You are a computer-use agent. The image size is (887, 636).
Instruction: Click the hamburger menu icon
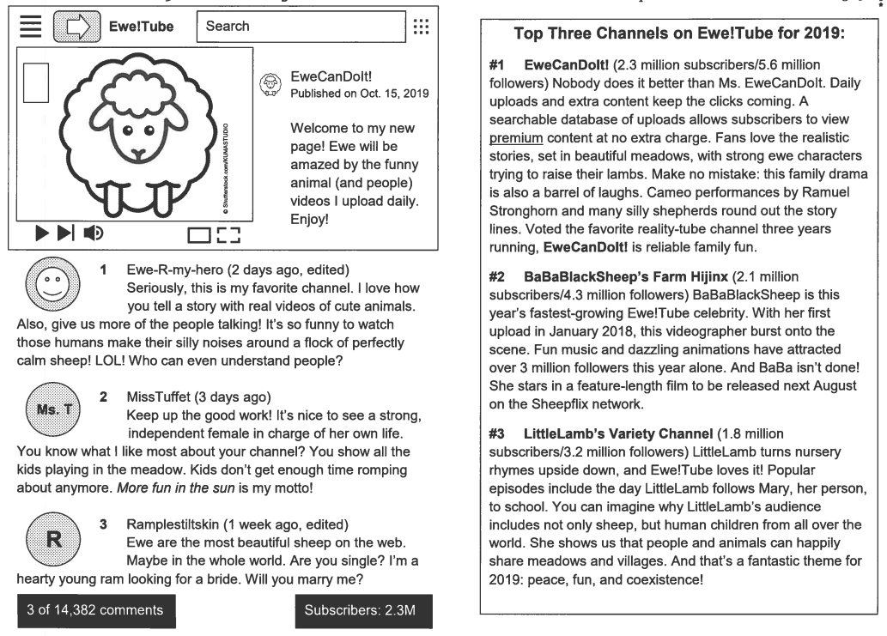31,27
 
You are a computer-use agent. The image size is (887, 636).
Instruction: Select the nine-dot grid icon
421,27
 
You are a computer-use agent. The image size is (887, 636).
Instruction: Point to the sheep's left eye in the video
127,131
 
